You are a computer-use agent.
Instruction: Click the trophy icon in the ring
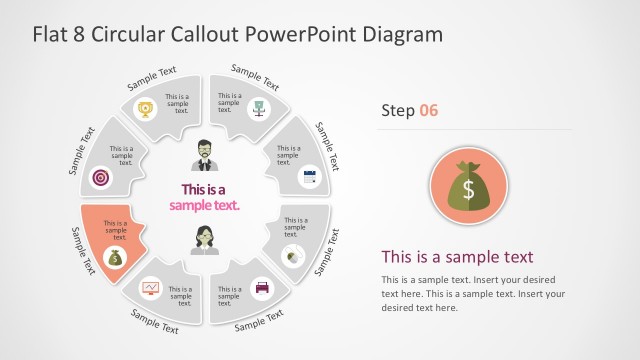pyautogui.click(x=145, y=108)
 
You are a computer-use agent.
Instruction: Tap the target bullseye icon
pyautogui.click(x=99, y=176)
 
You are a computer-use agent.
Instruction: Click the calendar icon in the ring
pyautogui.click(x=309, y=177)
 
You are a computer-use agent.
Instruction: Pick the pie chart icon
pyautogui.click(x=291, y=255)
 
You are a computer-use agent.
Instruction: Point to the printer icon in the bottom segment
pyautogui.click(x=262, y=288)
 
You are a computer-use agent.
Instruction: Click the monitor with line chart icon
pyautogui.click(x=150, y=289)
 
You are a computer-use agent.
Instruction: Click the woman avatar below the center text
pyautogui.click(x=206, y=241)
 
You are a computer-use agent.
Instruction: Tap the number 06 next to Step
pyautogui.click(x=428, y=110)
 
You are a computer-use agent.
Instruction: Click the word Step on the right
pyautogui.click(x=397, y=110)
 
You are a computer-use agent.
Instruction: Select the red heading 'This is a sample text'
pyautogui.click(x=457, y=256)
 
